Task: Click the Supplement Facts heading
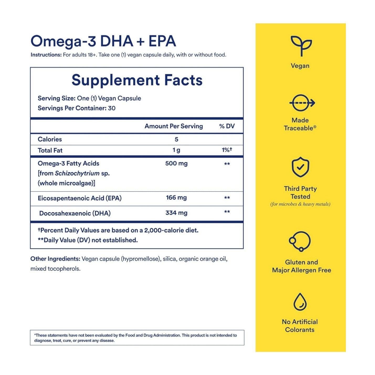pyautogui.click(x=137, y=80)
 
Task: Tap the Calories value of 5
pyautogui.click(x=176, y=139)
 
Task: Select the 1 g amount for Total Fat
pyautogui.click(x=176, y=150)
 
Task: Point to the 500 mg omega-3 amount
pyautogui.click(x=176, y=163)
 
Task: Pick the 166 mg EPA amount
pyautogui.click(x=176, y=198)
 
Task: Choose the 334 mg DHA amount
pyautogui.click(x=176, y=213)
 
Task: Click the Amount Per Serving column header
pyautogui.click(x=174, y=126)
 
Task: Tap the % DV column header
pyautogui.click(x=227, y=126)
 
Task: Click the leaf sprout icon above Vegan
pyautogui.click(x=301, y=46)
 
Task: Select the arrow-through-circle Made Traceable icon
pyautogui.click(x=302, y=103)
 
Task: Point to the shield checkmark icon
pyautogui.click(x=300, y=167)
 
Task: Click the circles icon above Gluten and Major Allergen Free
pyautogui.click(x=300, y=241)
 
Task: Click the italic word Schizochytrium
pyautogui.click(x=77, y=173)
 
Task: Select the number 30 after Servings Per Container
pyautogui.click(x=112, y=108)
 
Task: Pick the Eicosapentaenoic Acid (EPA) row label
pyautogui.click(x=80, y=198)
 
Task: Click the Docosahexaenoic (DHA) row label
pyautogui.click(x=75, y=213)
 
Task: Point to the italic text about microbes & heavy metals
pyautogui.click(x=300, y=204)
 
